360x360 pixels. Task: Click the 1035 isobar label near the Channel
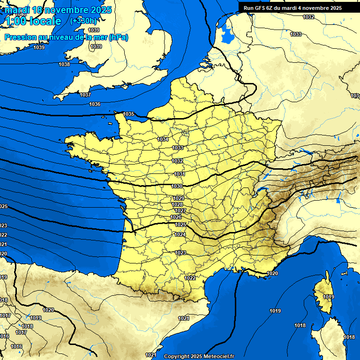pyautogui.click(x=129, y=114)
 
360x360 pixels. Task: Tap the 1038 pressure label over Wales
pyautogui.click(x=64, y=65)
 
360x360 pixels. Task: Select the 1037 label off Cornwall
pyautogui.click(x=85, y=95)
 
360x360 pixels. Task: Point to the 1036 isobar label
pyautogui.click(x=95, y=104)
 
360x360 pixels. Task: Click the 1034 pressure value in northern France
pyautogui.click(x=163, y=140)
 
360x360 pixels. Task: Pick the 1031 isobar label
pyautogui.click(x=179, y=174)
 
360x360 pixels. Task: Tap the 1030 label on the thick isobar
pyautogui.click(x=177, y=187)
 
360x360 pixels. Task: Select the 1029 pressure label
pyautogui.click(x=178, y=199)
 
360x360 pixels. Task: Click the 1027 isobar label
pyautogui.click(x=180, y=211)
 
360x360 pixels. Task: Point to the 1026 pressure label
pyautogui.click(x=176, y=217)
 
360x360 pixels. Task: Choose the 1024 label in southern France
pyautogui.click(x=180, y=234)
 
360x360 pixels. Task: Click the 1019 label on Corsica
pyautogui.click(x=329, y=297)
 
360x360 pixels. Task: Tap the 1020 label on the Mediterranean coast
pyautogui.click(x=272, y=273)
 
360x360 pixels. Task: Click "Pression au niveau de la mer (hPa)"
pyautogui.click(x=66, y=37)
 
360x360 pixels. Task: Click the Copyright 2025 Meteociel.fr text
pyautogui.click(x=199, y=356)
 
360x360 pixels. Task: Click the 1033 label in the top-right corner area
pyautogui.click(x=296, y=34)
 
